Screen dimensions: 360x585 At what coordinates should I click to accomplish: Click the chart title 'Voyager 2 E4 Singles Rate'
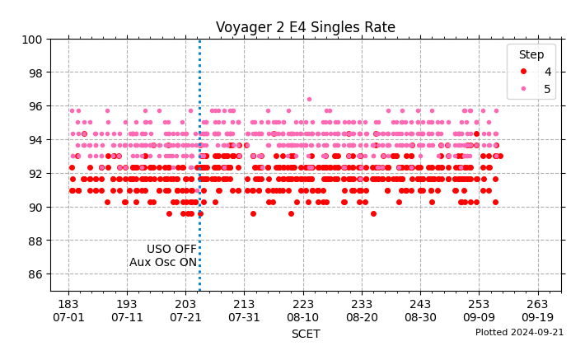[x=305, y=27]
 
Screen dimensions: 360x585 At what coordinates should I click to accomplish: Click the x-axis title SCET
[x=305, y=334]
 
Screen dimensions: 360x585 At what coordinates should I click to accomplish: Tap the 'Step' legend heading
[x=531, y=54]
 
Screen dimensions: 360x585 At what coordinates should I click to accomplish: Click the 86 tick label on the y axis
[x=35, y=274]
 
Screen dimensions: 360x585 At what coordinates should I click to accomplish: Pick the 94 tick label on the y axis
[x=35, y=140]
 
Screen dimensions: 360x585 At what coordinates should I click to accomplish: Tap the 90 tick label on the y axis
[x=35, y=207]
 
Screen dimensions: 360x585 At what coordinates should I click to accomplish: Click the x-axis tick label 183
[x=68, y=303]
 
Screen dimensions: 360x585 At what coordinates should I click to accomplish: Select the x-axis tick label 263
[x=537, y=303]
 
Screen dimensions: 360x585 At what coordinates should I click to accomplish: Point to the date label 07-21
[x=185, y=317]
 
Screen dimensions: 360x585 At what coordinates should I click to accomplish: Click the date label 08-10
[x=302, y=317]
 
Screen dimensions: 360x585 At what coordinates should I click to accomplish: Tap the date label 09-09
[x=479, y=317]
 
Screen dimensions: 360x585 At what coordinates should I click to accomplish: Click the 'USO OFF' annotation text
[x=171, y=249]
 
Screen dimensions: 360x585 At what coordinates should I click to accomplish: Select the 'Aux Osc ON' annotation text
[x=162, y=262]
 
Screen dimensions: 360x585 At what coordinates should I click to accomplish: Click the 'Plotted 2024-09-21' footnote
[x=519, y=332]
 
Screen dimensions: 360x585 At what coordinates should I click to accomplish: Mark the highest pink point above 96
[x=309, y=99]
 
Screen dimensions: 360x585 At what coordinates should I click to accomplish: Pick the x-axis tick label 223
[x=302, y=303]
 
